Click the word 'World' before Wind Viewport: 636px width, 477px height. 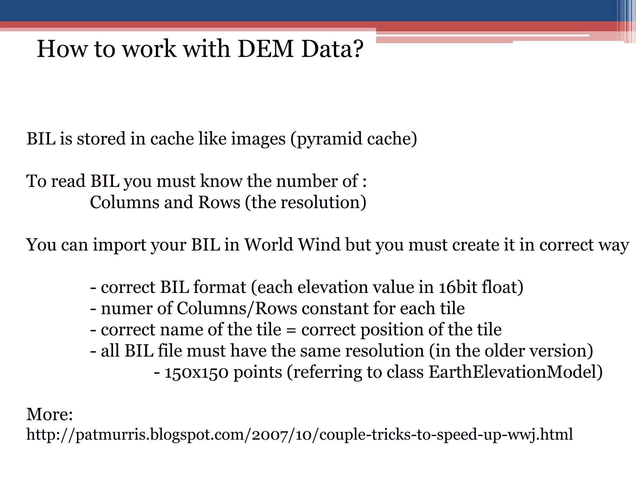click(x=269, y=245)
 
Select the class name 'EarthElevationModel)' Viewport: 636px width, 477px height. click(x=515, y=372)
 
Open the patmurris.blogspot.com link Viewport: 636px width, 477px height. click(x=299, y=435)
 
